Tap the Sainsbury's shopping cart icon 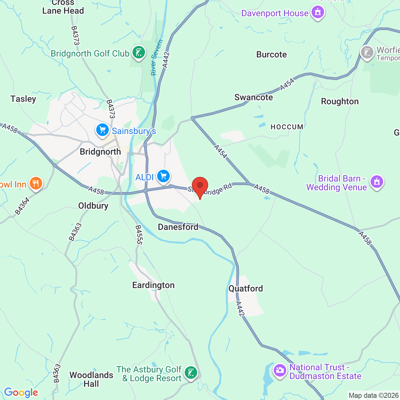pyautogui.click(x=102, y=130)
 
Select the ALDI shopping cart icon pyautogui.click(x=163, y=176)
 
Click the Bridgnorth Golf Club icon pyautogui.click(x=138, y=52)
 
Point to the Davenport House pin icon pyautogui.click(x=318, y=12)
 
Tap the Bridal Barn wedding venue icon pyautogui.click(x=377, y=182)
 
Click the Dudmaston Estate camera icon pyautogui.click(x=280, y=371)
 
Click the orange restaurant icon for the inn pyautogui.click(x=36, y=183)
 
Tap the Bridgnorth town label pyautogui.click(x=100, y=152)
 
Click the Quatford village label pyautogui.click(x=246, y=288)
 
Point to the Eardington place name pyautogui.click(x=153, y=285)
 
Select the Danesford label pyautogui.click(x=178, y=227)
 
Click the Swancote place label pyautogui.click(x=254, y=97)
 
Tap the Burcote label pyautogui.click(x=272, y=55)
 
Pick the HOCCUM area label pyautogui.click(x=287, y=127)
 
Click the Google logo pyautogui.click(x=21, y=392)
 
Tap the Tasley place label pyautogui.click(x=23, y=99)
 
